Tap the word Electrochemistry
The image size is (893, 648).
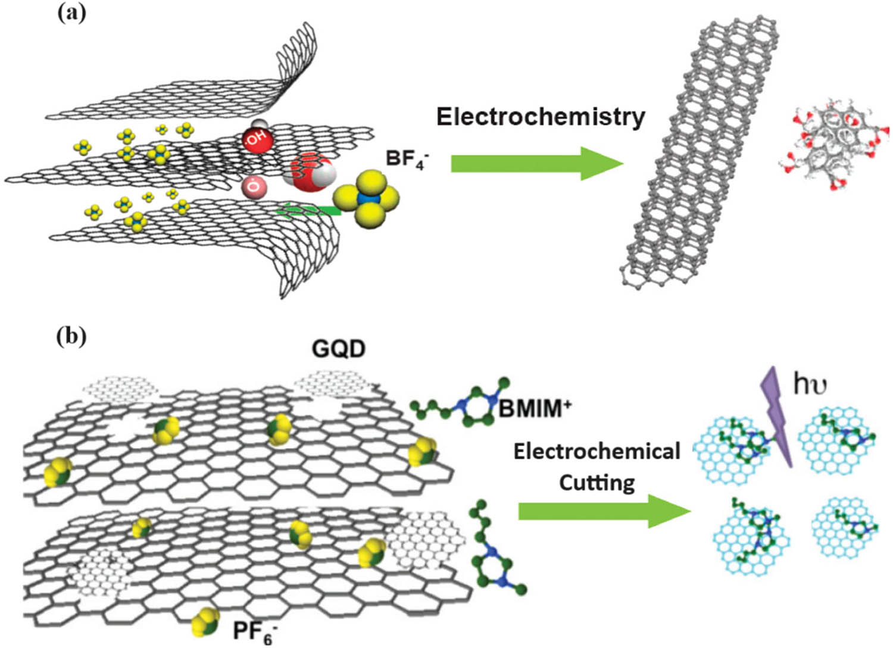[541, 117]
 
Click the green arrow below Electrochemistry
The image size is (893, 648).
[536, 163]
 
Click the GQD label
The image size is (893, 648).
[338, 348]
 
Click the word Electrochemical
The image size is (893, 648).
[597, 451]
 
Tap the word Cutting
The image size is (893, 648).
[597, 482]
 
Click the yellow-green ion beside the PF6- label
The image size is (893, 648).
[205, 622]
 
